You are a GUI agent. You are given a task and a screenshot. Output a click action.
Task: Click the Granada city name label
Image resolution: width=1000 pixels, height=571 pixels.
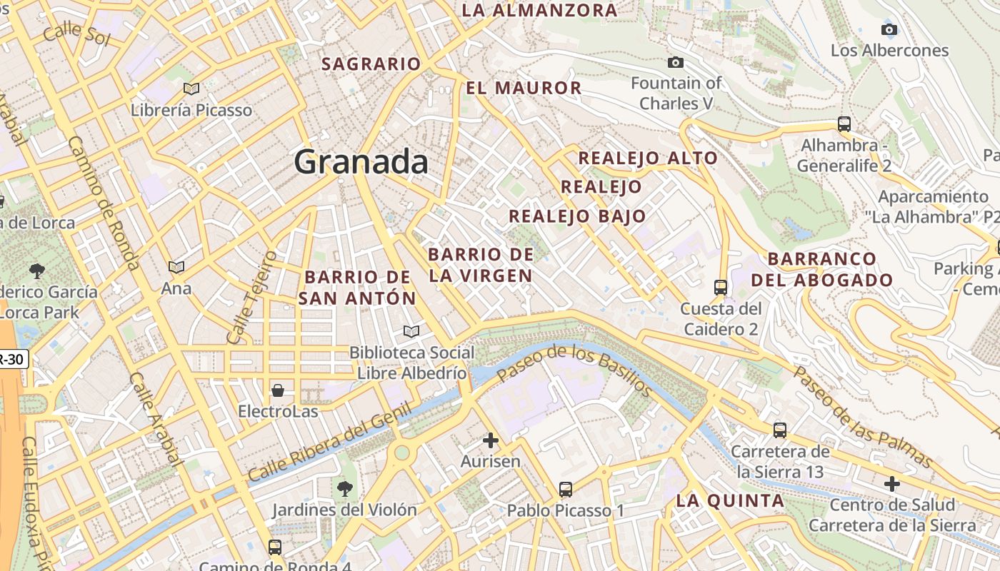pos(361,162)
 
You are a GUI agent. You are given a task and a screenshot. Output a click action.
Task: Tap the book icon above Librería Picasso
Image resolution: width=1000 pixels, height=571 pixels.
pos(191,89)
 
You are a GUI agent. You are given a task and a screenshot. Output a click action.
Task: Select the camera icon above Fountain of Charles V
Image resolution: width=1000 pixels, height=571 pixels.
pos(675,63)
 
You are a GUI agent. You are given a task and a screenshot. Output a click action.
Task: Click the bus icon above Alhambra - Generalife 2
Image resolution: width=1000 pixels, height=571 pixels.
pos(844,123)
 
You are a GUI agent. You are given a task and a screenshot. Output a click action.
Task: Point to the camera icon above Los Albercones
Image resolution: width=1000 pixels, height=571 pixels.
pos(889,29)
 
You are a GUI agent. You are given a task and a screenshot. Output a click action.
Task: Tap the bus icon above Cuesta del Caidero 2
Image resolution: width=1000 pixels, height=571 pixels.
pos(720,288)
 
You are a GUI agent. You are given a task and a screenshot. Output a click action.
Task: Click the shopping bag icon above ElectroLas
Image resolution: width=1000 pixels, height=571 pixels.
pos(277,390)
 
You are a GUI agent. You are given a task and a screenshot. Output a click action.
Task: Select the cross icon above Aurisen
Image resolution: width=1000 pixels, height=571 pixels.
pos(490,440)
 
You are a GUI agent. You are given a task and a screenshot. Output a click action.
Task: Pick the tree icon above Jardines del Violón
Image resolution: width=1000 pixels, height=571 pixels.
pos(344,489)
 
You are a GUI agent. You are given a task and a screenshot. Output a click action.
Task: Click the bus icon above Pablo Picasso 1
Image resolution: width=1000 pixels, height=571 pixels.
pos(565,490)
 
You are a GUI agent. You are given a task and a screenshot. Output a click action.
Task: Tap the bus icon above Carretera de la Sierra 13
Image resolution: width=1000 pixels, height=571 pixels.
pos(779,430)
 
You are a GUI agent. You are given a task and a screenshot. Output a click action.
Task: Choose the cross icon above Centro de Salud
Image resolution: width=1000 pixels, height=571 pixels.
pos(891,484)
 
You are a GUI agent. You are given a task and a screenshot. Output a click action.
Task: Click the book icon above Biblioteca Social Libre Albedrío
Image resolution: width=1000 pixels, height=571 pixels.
pos(411,331)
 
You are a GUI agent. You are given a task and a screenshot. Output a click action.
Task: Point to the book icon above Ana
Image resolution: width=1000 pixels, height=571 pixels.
pos(176,267)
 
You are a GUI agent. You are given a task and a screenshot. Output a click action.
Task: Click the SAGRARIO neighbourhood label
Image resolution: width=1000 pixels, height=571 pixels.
pos(371,64)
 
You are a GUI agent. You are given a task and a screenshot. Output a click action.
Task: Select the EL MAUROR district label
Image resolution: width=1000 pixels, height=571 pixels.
pos(524,89)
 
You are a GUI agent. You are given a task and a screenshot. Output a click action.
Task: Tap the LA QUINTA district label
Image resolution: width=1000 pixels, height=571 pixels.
pos(730,501)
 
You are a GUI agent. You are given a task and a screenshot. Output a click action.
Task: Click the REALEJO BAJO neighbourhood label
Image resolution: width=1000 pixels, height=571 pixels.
pos(577,216)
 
